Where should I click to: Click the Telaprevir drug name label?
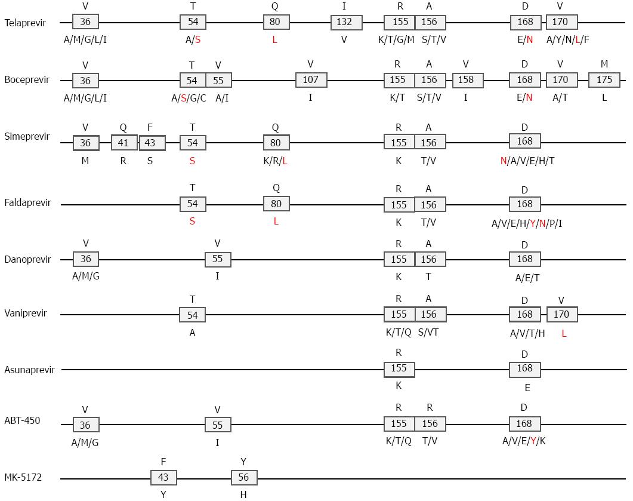tap(25, 23)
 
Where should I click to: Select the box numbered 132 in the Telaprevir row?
tap(347, 22)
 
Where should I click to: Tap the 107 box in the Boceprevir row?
tap(311, 79)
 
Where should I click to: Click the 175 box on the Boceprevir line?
tap(604, 79)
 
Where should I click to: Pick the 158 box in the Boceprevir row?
tap(468, 79)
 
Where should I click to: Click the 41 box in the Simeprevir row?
tap(124, 143)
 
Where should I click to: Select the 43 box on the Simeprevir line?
tap(152, 143)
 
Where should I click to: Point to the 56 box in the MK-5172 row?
tap(244, 477)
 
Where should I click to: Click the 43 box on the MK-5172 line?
tap(163, 477)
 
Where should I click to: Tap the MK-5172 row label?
tap(23, 477)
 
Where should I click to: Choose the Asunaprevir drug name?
tap(29, 370)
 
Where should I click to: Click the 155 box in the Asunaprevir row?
tap(399, 368)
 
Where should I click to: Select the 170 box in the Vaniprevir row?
tap(562, 314)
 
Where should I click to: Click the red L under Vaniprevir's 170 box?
tap(564, 334)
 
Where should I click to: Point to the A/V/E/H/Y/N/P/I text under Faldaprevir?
tap(527, 223)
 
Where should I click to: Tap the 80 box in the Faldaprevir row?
tap(276, 204)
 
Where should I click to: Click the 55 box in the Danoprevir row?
tap(218, 259)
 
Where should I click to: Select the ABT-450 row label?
tap(22, 420)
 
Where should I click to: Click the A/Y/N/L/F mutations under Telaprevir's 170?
tap(567, 39)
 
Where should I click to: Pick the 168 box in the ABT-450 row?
tap(525, 423)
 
